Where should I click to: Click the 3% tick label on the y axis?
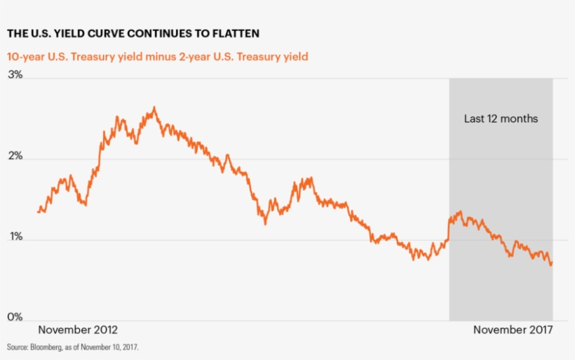(x=15, y=76)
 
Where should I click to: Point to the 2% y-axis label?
(x=15, y=156)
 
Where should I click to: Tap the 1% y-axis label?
(x=15, y=237)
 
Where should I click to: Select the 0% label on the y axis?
(x=15, y=318)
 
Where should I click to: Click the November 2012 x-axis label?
(x=78, y=330)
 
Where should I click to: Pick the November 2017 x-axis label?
(x=513, y=330)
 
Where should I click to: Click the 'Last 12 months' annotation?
(x=501, y=119)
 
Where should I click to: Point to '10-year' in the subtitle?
(x=27, y=55)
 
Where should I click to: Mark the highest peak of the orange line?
(x=154, y=107)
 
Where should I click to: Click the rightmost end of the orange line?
(x=552, y=263)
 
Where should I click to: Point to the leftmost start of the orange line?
(x=38, y=211)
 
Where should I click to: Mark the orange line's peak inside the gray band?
(x=460, y=211)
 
